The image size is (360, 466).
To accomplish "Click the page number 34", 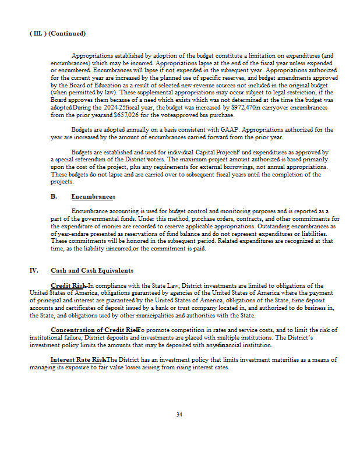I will (179, 415).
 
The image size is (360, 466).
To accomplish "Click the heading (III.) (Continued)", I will (57, 33).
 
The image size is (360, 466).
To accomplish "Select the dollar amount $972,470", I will (243, 108).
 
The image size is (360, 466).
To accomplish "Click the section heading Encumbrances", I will (93, 197).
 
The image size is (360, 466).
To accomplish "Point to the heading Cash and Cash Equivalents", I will (92, 270).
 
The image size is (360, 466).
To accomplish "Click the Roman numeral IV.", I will (34, 270).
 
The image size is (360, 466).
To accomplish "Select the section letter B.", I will (54, 197).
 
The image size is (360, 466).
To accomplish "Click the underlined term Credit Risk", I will (69, 285).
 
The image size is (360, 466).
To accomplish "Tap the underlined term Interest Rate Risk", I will (78, 359).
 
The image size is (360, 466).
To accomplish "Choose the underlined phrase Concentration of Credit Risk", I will (93, 330).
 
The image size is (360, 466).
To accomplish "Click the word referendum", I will (94, 159).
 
